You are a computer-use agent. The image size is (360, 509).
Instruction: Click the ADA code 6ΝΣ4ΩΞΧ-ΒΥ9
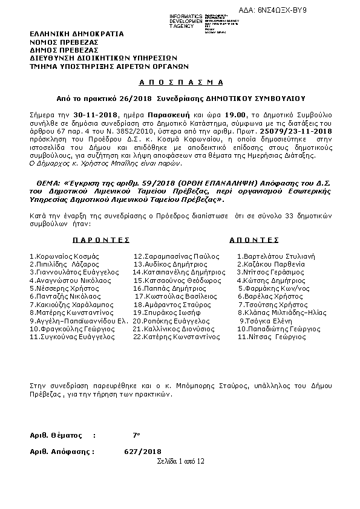pyautogui.click(x=324, y=11)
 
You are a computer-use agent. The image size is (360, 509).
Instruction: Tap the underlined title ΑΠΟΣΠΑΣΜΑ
pyautogui.click(x=178, y=82)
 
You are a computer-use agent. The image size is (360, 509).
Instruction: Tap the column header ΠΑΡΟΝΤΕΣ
pyautogui.click(x=102, y=240)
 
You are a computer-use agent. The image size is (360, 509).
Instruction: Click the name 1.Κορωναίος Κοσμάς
pyautogui.click(x=64, y=256)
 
